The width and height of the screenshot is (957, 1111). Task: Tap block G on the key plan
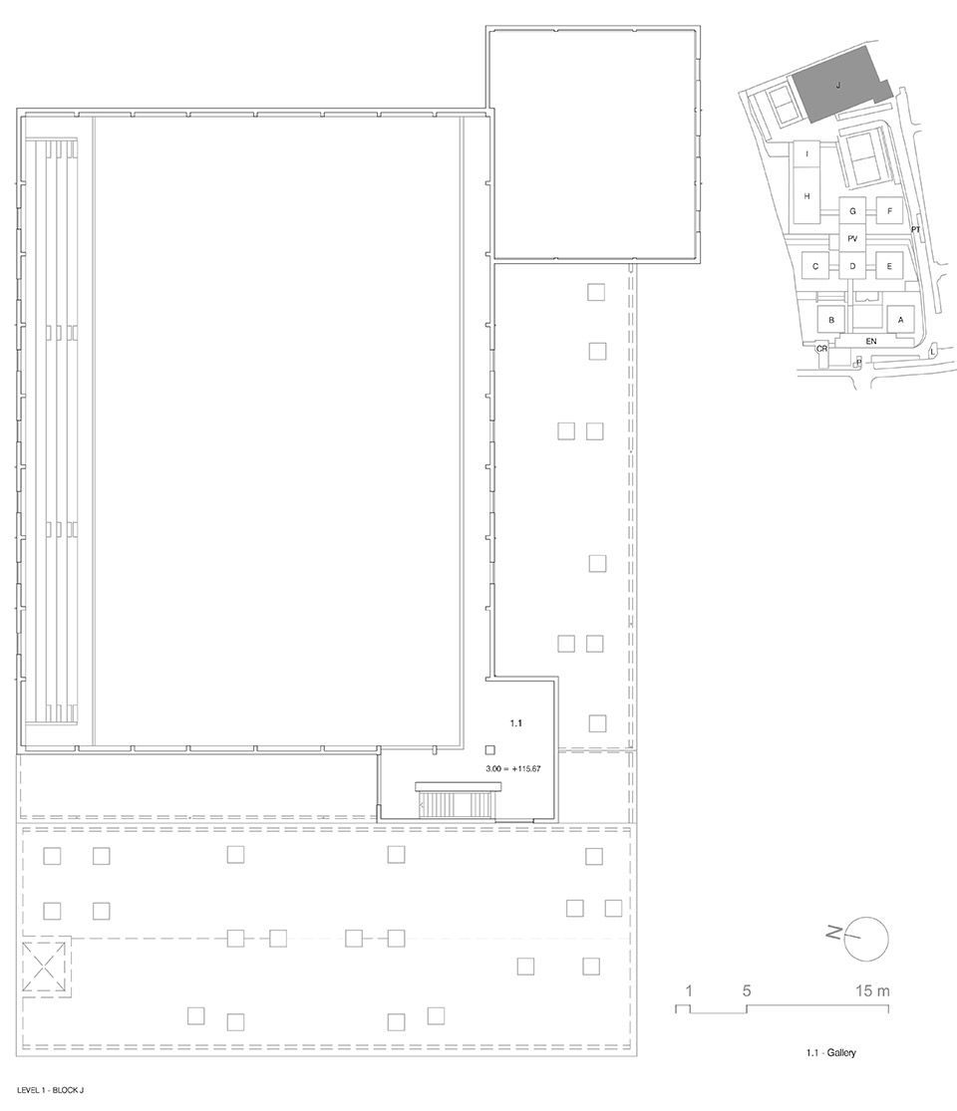pos(852,211)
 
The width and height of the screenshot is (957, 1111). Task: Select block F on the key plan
pos(889,211)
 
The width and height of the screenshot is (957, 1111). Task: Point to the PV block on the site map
pos(852,239)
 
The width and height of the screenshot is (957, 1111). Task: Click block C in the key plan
pos(815,266)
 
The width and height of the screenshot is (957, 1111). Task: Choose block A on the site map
pos(901,320)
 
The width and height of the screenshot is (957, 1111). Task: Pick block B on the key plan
pos(831,320)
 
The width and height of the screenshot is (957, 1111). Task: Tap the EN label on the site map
pos(871,342)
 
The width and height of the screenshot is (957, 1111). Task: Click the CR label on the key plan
pos(821,349)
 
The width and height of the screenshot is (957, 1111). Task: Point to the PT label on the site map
pos(915,229)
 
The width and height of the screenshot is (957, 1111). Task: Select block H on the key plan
pos(806,196)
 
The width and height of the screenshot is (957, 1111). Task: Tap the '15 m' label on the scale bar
pos(872,990)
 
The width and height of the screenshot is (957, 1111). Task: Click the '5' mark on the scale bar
pos(747,990)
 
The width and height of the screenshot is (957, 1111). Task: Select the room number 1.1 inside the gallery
pos(516,722)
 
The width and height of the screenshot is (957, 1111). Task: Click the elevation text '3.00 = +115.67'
pos(513,768)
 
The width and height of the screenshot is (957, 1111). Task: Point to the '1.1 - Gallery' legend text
pos(830,1053)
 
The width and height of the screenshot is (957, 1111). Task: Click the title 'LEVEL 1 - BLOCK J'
pos(50,1090)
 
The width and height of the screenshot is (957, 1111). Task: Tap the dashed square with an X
pos(47,968)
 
